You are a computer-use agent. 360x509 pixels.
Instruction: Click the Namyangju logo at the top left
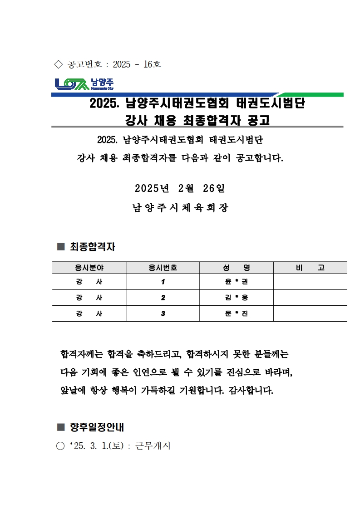coord(84,84)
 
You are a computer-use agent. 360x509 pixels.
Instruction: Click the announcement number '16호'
coord(152,64)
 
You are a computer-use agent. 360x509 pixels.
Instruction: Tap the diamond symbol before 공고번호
coord(58,64)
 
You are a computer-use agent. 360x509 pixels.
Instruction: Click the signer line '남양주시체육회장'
coord(180,208)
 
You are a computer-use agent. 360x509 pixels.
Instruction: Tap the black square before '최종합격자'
coord(61,247)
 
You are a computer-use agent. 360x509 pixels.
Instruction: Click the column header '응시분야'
coord(89,268)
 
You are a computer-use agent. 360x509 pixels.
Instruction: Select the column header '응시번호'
coord(163,268)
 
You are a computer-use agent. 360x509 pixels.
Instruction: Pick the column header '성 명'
coord(236,268)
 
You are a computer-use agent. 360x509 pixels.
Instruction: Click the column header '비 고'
coord(310,268)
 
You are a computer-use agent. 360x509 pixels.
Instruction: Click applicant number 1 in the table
coord(163,282)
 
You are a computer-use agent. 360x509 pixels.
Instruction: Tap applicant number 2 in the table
coord(163,298)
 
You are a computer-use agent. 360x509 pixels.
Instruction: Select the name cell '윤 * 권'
coord(236,282)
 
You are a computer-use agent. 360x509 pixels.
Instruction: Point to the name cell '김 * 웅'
coord(236,298)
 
